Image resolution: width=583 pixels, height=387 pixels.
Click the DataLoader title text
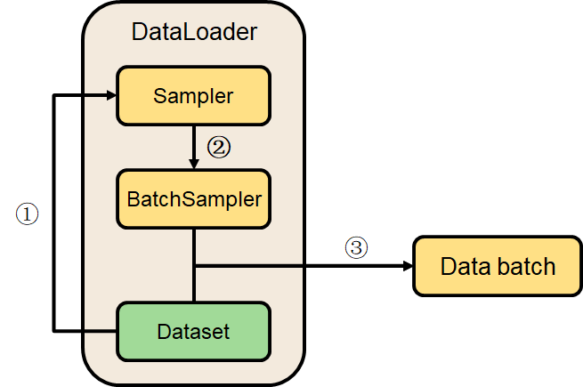pos(194,33)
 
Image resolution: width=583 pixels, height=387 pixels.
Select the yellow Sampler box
pos(193,95)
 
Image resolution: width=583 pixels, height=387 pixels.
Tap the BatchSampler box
pos(193,198)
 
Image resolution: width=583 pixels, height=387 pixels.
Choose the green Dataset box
pos(193,332)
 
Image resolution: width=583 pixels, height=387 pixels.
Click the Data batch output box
pos(498,266)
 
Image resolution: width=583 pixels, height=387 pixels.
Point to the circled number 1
pos(28,214)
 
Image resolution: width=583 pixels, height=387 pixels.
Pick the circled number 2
pos(218,147)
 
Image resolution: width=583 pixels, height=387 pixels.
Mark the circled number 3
pos(356,248)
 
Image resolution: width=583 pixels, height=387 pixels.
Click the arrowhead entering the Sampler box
pos(112,95)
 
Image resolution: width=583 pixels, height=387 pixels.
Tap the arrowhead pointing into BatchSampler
pos(194,165)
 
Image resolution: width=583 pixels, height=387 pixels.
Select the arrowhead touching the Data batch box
pos(408,266)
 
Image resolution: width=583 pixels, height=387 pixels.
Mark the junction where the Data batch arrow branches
pos(194,266)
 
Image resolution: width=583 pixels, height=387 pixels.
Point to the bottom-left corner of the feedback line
pos(55,332)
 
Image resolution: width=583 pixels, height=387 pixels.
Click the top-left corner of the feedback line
pos(55,95)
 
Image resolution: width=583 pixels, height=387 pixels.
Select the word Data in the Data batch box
pos(462,266)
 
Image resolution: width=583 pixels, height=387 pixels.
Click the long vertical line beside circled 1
pos(55,214)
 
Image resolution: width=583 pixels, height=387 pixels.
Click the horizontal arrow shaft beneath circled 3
pos(303,266)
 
